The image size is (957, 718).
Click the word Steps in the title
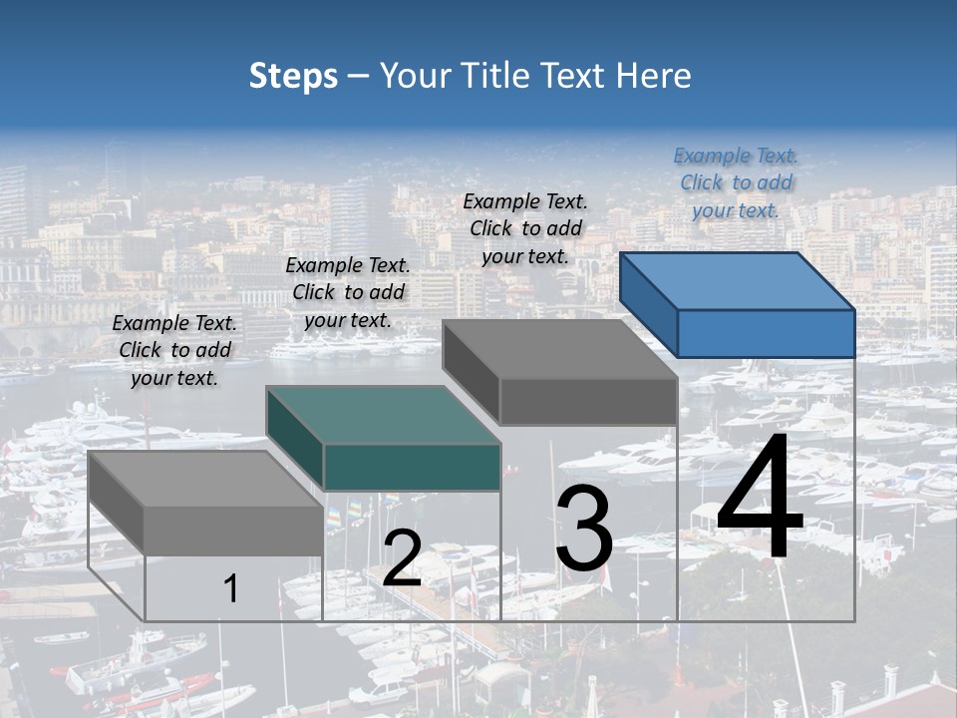pyautogui.click(x=293, y=76)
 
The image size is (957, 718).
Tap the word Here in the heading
pyautogui.click(x=654, y=76)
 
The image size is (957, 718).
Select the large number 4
pyautogui.click(x=760, y=499)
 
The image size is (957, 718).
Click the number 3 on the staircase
pyautogui.click(x=584, y=529)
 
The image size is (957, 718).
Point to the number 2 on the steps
pyautogui.click(x=402, y=558)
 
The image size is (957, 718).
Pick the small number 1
pyautogui.click(x=231, y=588)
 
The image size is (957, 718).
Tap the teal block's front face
pyautogui.click(x=412, y=467)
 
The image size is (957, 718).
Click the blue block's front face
pyautogui.click(x=766, y=333)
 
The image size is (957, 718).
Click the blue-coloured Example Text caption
pyautogui.click(x=736, y=182)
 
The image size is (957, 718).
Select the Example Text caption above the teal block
pyautogui.click(x=348, y=292)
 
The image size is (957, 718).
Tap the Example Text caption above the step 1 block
pyautogui.click(x=174, y=350)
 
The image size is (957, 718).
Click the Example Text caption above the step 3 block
pyautogui.click(x=525, y=228)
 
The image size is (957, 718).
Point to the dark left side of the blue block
pyautogui.click(x=648, y=304)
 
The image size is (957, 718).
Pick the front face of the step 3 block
pyautogui.click(x=588, y=401)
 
